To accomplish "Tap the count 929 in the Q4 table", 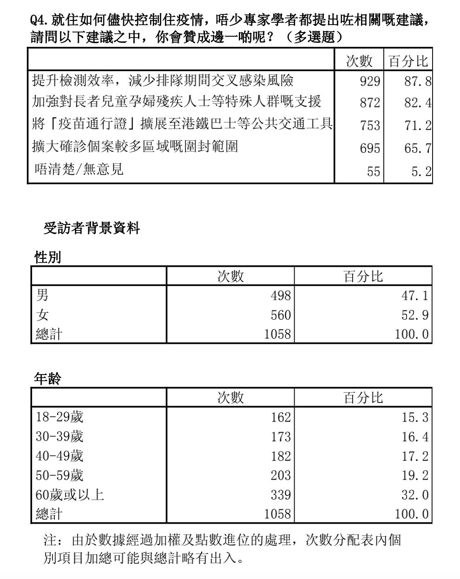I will tap(370, 81).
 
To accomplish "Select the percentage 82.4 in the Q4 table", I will tap(417, 103).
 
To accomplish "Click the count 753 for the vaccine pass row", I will tap(370, 125).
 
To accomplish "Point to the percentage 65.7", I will tap(417, 148).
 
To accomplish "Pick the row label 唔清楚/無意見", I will tap(79, 169).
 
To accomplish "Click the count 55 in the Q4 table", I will tap(374, 171).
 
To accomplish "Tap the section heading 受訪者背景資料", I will tap(92, 228).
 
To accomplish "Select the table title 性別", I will tap(47, 257).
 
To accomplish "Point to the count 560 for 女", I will tap(281, 315).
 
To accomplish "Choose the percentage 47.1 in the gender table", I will tap(414, 295).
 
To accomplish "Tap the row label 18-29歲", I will tap(59, 417).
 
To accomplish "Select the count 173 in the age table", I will tap(281, 437).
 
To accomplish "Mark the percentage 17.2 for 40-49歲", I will tap(414, 456).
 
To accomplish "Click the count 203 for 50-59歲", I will tap(281, 475).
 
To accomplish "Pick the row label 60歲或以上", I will tap(70, 494).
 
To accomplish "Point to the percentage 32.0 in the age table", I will tap(414, 495).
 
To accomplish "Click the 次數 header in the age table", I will tap(230, 397).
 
